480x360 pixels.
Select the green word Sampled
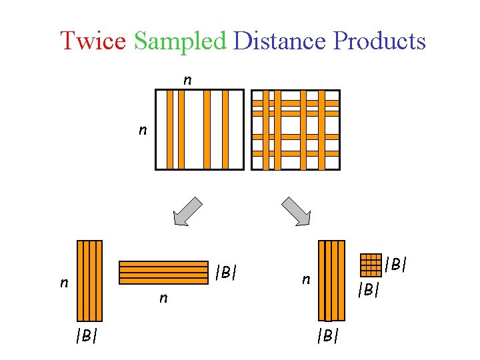click(180, 41)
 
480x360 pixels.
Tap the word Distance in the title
click(279, 41)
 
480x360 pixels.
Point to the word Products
click(379, 41)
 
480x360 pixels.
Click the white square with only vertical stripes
click(200, 129)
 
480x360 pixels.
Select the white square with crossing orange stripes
click(295, 129)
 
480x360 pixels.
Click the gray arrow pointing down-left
click(187, 211)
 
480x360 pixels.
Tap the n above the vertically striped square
click(187, 80)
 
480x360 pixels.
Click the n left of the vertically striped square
click(142, 130)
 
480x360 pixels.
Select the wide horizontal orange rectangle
click(163, 272)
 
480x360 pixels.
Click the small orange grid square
click(370, 265)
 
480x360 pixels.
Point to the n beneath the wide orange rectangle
click(163, 298)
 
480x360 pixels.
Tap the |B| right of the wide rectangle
click(227, 272)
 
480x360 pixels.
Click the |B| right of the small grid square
click(396, 265)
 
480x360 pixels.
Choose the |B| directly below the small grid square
click(368, 290)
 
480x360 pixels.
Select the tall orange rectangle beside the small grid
click(331, 281)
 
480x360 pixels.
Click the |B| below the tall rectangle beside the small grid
click(327, 335)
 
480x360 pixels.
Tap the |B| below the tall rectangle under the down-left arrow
click(86, 335)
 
